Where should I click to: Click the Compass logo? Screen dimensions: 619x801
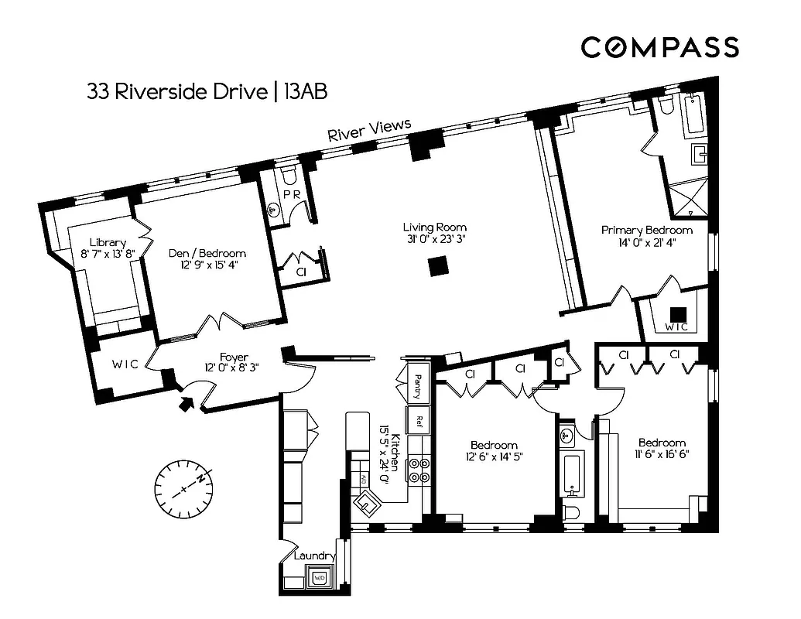(x=659, y=47)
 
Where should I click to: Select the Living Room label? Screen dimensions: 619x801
(x=434, y=227)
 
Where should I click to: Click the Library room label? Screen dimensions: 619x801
(x=107, y=241)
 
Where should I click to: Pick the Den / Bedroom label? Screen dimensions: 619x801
(x=207, y=253)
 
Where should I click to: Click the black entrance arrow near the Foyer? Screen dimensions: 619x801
(x=187, y=402)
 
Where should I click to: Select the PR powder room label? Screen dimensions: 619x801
(x=291, y=194)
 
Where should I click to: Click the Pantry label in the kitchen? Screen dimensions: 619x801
(x=417, y=381)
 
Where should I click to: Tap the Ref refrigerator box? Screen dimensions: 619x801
(x=418, y=421)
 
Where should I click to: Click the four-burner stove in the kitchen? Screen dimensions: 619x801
(x=419, y=470)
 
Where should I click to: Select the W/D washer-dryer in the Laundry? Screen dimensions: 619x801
(x=319, y=576)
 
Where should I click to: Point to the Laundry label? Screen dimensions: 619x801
(x=313, y=556)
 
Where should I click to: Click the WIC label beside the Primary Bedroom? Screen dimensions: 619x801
(x=676, y=327)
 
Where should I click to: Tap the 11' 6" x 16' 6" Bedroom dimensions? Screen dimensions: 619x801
(x=662, y=454)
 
